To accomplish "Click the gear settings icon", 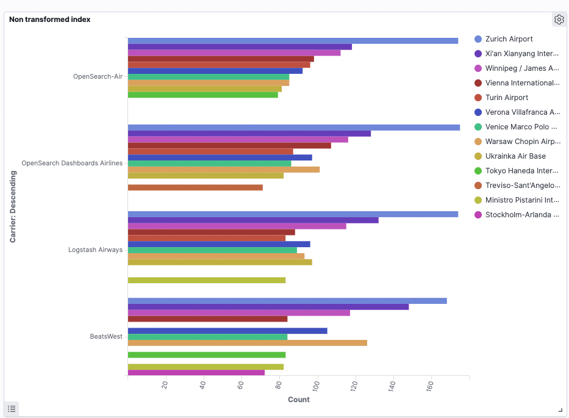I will click(559, 20).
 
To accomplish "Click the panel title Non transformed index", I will click(49, 20).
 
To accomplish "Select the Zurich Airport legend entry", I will click(509, 39).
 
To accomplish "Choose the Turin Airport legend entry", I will click(506, 98).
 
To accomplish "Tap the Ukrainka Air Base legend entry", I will click(515, 156).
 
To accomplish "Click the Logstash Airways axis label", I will click(95, 250).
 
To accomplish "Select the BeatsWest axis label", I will click(106, 337).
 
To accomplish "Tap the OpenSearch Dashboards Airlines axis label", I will click(72, 164).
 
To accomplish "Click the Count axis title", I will click(298, 400).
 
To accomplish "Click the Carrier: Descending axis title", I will click(13, 207).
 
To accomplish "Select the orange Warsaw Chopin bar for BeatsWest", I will click(247, 343).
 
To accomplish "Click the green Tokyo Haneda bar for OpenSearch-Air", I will click(202, 95).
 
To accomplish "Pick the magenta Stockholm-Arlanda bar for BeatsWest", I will click(196, 373).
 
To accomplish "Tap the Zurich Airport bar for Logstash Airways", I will click(293, 214).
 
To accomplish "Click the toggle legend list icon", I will click(12, 408).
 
